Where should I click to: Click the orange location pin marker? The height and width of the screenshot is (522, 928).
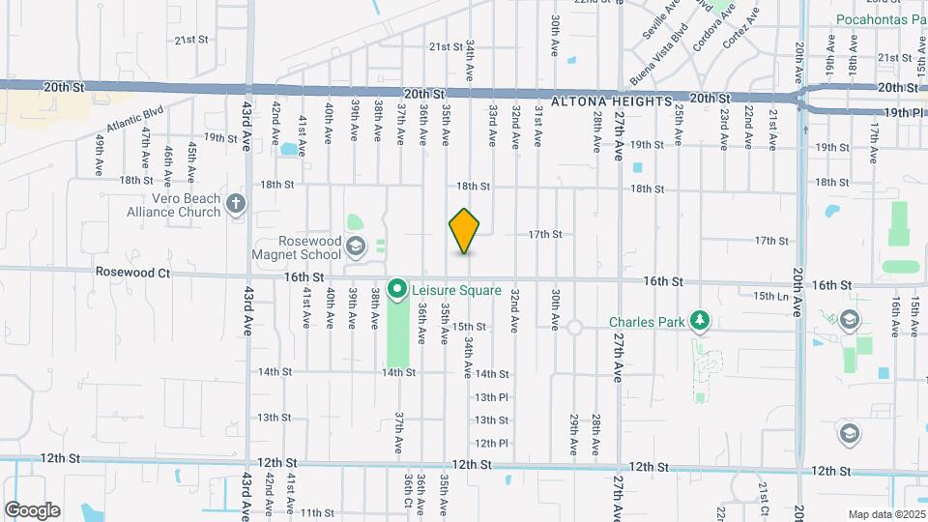click(x=464, y=230)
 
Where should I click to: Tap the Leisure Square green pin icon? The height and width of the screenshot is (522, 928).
click(x=396, y=289)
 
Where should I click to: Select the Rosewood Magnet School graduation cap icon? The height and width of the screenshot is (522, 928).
click(x=356, y=247)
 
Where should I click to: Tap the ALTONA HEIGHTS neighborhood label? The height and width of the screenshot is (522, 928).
click(x=611, y=101)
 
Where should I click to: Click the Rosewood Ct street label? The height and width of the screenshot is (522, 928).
click(x=132, y=274)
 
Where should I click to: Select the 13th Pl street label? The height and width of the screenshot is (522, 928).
click(x=491, y=397)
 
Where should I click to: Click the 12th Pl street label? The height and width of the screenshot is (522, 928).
click(x=491, y=443)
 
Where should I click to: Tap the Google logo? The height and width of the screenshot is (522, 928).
click(x=32, y=509)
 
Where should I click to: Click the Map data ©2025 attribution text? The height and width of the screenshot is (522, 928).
click(x=884, y=513)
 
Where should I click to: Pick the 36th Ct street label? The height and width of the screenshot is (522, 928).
click(x=409, y=494)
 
